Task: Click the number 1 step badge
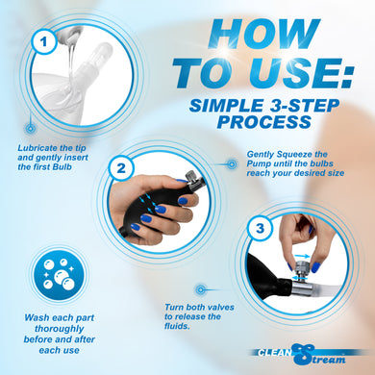(44, 41)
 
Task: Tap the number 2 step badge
(121, 167)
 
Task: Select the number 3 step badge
(260, 228)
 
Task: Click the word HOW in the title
(263, 34)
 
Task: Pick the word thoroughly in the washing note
(60, 329)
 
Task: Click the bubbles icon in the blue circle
(59, 274)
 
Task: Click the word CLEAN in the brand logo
(274, 353)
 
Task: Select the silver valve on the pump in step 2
(193, 179)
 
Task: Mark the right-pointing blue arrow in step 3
(302, 257)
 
